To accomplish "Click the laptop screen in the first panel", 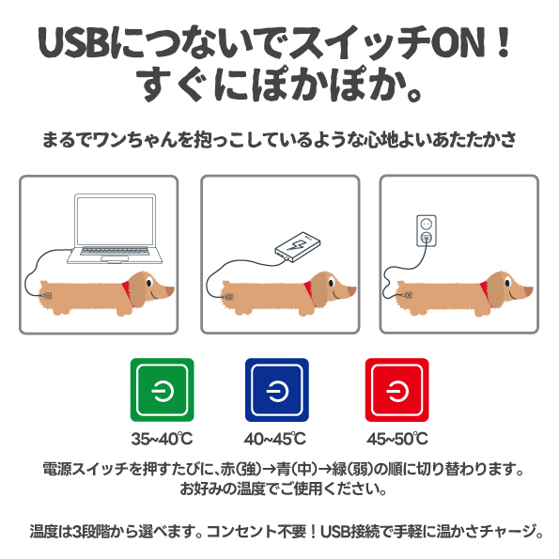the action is (x=115, y=221).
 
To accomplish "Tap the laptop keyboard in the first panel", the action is (x=114, y=252).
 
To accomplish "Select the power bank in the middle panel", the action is (x=298, y=247).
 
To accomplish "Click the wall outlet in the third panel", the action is (x=427, y=231).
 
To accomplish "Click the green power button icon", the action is (x=163, y=390).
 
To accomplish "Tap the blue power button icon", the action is (x=277, y=390).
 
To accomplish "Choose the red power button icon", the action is (x=396, y=390).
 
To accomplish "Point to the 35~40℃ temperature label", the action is (x=163, y=439).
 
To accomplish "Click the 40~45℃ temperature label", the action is (x=275, y=439).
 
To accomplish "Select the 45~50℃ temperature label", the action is (x=397, y=439).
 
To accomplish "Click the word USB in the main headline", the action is (x=73, y=42).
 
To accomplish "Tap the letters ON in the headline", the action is (x=458, y=42).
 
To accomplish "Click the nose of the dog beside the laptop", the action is (x=170, y=289).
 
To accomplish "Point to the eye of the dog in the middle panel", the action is (x=332, y=283).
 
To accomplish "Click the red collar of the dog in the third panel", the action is (x=487, y=289).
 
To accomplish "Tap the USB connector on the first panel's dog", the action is (x=47, y=296).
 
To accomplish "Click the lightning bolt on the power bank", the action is (x=297, y=244).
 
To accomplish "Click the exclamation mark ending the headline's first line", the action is (x=504, y=42).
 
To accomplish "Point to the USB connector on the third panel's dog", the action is (x=407, y=295).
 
